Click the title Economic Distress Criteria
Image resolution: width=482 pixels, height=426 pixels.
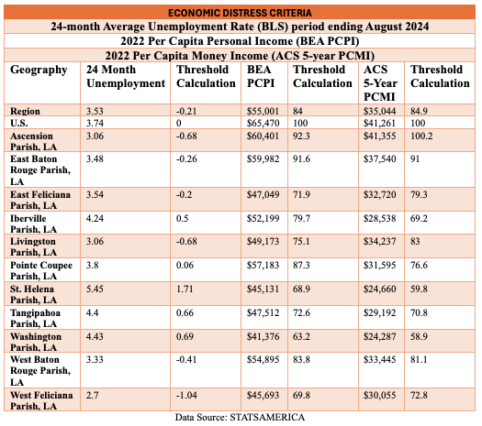[x=240, y=13]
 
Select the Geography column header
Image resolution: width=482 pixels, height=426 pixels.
[x=39, y=70]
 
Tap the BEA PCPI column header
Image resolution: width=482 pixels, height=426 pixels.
[x=261, y=76]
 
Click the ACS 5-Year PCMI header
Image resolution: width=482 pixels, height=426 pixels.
[x=380, y=83]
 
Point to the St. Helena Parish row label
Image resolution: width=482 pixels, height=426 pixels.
[x=33, y=294]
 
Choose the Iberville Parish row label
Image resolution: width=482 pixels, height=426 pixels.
[x=33, y=224]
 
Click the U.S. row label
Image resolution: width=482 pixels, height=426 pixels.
[x=19, y=123]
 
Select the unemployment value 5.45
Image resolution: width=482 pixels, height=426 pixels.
[x=95, y=289]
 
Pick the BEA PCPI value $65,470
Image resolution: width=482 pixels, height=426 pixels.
[x=263, y=124]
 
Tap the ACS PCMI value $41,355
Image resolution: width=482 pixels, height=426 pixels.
[x=380, y=136]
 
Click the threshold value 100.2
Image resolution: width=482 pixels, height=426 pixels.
[x=421, y=136]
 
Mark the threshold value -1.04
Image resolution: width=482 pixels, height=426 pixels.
[x=186, y=395]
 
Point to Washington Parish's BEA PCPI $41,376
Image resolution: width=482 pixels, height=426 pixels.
[x=263, y=336]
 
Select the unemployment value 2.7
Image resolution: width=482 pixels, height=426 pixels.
[x=92, y=395]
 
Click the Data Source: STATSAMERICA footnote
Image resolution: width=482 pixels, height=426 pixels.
[x=240, y=418]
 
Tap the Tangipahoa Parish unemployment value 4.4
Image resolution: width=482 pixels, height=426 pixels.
[x=92, y=312]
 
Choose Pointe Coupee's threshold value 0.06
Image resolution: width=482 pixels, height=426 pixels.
[x=185, y=265]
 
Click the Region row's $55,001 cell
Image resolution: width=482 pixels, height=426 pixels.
[x=263, y=111]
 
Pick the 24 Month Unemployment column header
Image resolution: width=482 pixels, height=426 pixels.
[x=126, y=76]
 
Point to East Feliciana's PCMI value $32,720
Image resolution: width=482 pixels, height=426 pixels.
[x=380, y=194]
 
